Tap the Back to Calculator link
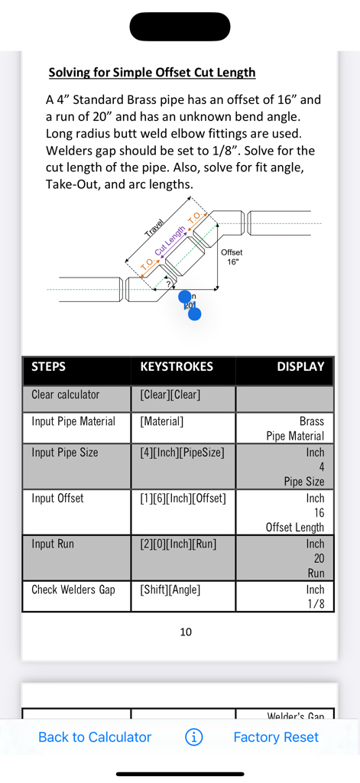(x=95, y=737)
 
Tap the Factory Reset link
(x=276, y=737)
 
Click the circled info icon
(x=194, y=737)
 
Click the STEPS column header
(x=49, y=367)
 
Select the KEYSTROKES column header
(x=177, y=367)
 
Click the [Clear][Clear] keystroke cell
(x=170, y=395)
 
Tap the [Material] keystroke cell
(x=162, y=421)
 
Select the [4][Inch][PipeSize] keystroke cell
(x=182, y=452)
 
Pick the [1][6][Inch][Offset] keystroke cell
(x=183, y=498)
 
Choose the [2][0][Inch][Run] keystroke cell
(x=178, y=544)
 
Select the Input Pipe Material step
(x=73, y=421)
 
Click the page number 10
(x=186, y=632)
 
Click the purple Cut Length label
(x=170, y=242)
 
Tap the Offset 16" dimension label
(x=231, y=257)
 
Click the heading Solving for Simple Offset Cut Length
(x=152, y=73)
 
